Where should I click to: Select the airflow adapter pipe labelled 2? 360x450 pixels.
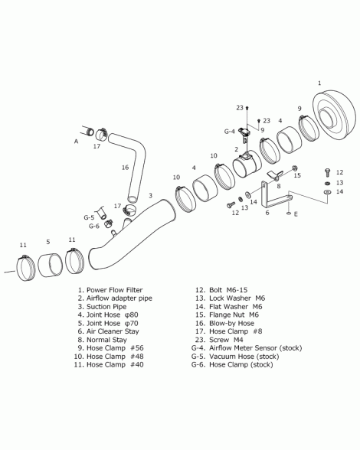[x=247, y=165]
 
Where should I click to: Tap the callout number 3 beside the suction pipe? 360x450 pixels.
[x=150, y=195]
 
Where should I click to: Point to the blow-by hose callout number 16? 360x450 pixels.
[x=125, y=168]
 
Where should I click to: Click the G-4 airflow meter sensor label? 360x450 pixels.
[x=229, y=132]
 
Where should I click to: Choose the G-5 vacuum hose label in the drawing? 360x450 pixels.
[x=89, y=217]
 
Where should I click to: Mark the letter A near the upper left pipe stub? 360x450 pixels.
[x=76, y=141]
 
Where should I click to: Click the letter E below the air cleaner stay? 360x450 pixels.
[x=296, y=214]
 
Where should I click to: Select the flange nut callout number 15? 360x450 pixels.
[x=297, y=175]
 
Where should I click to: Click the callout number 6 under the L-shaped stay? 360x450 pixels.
[x=267, y=213]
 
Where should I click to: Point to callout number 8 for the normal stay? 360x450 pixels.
[x=278, y=186]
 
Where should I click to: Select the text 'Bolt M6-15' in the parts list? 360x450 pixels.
[x=228, y=290]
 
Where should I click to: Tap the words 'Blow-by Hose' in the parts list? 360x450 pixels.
[x=231, y=323]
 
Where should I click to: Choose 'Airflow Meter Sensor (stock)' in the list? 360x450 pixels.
[x=255, y=348]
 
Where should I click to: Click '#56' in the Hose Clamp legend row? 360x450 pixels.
[x=137, y=348]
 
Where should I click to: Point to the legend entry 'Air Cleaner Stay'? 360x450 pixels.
[x=113, y=331]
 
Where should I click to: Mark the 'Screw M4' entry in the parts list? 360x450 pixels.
[x=226, y=340]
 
